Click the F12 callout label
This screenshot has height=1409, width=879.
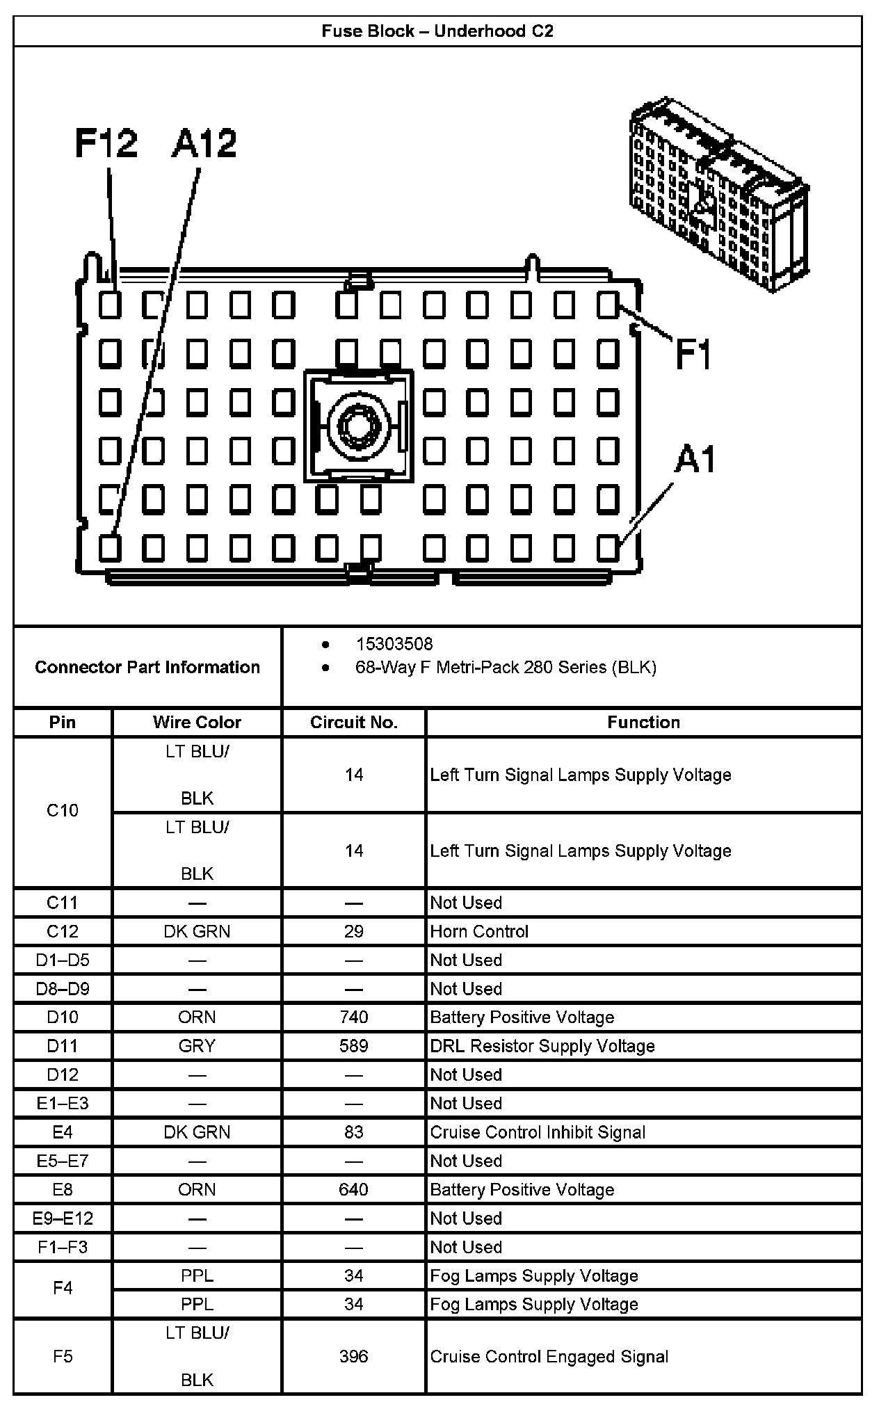[106, 143]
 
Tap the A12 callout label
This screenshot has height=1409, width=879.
[204, 143]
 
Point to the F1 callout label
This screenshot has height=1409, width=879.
[694, 355]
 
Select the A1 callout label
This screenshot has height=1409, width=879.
[695, 460]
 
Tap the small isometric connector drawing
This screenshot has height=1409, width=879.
[718, 195]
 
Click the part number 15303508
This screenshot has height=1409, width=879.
[394, 644]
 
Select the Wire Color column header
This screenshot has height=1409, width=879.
[197, 722]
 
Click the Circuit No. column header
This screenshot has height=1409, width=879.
[353, 722]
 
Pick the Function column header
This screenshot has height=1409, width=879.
[643, 722]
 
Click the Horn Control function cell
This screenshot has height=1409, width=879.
[479, 931]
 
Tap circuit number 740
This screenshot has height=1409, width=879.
[353, 1017]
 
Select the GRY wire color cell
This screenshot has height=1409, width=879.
[197, 1046]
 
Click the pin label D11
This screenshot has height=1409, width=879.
[63, 1046]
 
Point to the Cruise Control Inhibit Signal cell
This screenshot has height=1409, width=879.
[538, 1132]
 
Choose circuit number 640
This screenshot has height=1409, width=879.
[353, 1189]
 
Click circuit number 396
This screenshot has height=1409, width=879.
[353, 1356]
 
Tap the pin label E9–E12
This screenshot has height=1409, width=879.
[63, 1218]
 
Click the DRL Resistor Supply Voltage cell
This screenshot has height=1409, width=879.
[542, 1046]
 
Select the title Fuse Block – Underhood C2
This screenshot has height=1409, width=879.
[437, 31]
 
